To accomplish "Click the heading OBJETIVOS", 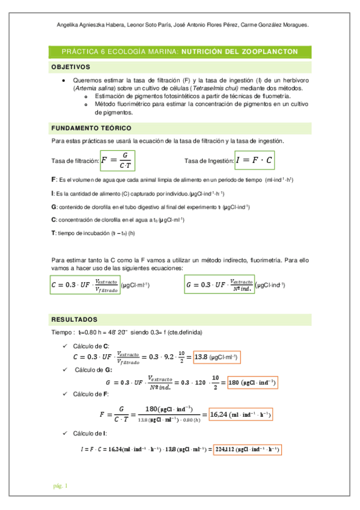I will (x=71, y=67).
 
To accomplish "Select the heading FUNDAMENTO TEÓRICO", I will (x=91, y=128).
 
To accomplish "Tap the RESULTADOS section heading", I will (x=75, y=319).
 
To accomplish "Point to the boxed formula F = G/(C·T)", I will (x=118, y=161).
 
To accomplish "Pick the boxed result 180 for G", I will (x=253, y=382).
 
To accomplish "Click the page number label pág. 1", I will (x=60, y=485).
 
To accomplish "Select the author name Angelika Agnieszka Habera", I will (x=89, y=25).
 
